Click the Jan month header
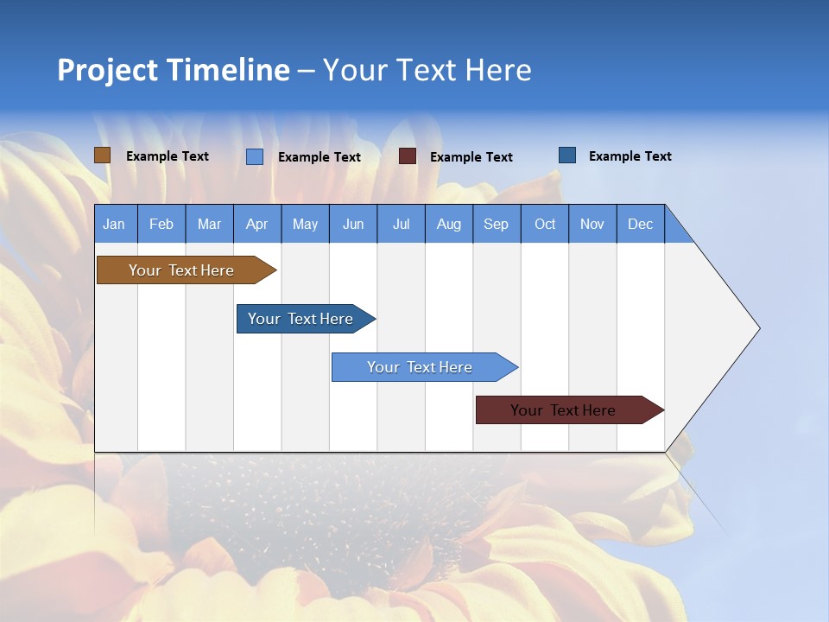[115, 224]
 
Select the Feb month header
[161, 224]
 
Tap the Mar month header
[209, 224]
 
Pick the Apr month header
[257, 224]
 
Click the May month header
[305, 224]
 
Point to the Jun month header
[353, 224]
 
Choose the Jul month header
[401, 224]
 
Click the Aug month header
[449, 224]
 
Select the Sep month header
[497, 224]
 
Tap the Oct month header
[545, 224]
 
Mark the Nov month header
[592, 224]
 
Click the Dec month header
[641, 224]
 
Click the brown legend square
[102, 155]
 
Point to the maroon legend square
[408, 156]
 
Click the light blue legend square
[255, 156]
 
